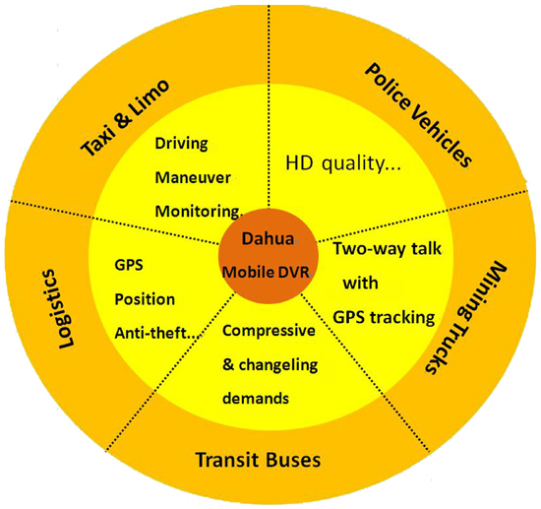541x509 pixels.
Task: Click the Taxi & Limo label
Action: coord(125,118)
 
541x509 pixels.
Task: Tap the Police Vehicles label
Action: coord(418,115)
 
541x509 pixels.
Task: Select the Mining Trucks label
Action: coord(466,316)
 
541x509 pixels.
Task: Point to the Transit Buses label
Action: coord(258,460)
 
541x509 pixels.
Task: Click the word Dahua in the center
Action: coord(268,238)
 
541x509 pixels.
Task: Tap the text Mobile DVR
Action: coord(266,272)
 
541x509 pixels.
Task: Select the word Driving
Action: coord(182,144)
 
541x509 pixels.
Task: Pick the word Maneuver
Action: coord(193,178)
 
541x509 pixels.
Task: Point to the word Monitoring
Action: coord(197,212)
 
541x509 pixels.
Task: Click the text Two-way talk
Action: coord(388,249)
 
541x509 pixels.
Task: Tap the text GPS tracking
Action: coord(384,318)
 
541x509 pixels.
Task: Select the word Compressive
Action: coord(269,331)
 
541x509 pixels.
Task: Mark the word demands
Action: coord(256,399)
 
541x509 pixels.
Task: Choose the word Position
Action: coord(145,299)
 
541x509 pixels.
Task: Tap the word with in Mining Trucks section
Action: coord(361,284)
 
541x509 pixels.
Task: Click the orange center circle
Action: coord(268,256)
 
